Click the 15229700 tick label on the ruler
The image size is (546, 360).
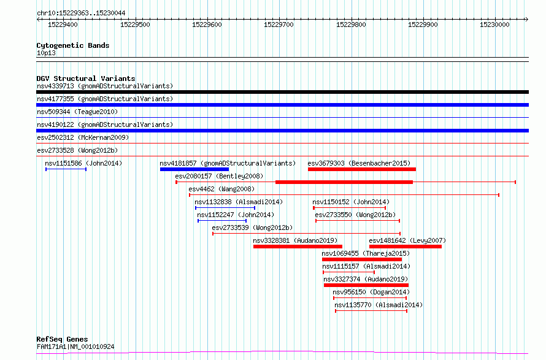(x=279, y=25)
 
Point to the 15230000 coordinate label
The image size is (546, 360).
(x=494, y=25)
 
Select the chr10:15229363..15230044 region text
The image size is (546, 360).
(x=81, y=13)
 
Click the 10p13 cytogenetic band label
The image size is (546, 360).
(x=46, y=53)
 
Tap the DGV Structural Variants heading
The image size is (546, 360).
(x=86, y=79)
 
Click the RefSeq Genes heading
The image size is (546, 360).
(x=62, y=339)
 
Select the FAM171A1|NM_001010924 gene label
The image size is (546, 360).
(x=75, y=347)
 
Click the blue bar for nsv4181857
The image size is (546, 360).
(x=194, y=169)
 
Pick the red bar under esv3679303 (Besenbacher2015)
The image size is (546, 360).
(x=362, y=169)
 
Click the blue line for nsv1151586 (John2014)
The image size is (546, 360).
(x=66, y=169)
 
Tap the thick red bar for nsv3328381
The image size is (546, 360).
(x=298, y=247)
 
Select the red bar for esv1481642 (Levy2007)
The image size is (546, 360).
(x=406, y=247)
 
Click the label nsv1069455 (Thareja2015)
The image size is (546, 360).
(x=366, y=253)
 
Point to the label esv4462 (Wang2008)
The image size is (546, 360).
(x=221, y=189)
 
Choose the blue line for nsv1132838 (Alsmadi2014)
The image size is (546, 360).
(x=225, y=208)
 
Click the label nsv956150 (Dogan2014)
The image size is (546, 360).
(x=371, y=292)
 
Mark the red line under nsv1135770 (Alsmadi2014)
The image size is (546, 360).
(x=371, y=311)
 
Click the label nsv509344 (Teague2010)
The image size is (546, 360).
(x=77, y=112)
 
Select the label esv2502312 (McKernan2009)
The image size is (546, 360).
(x=83, y=137)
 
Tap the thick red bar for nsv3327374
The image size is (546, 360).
(x=366, y=286)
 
